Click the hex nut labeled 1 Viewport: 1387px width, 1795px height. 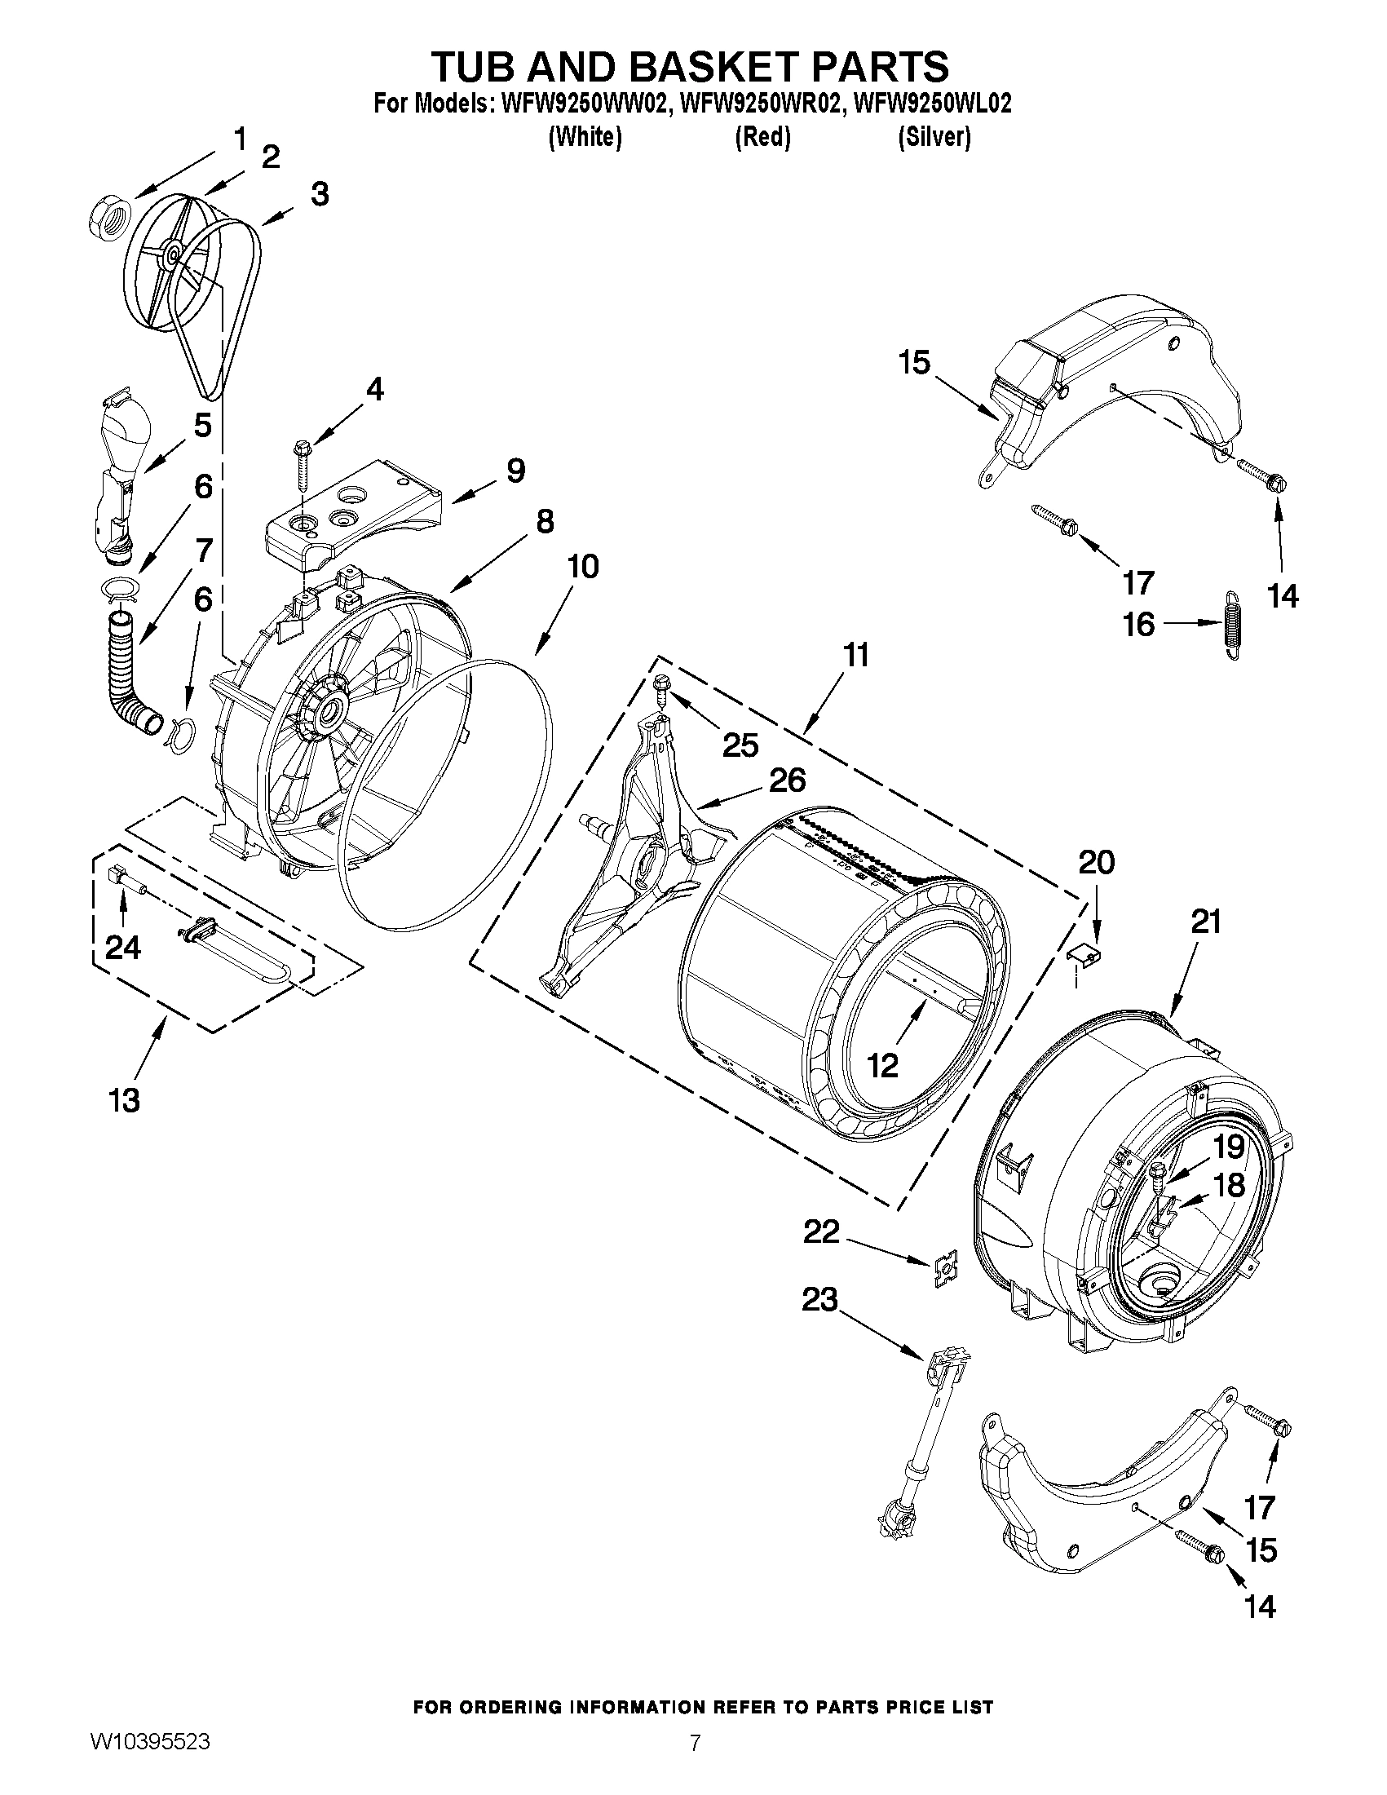pos(105,220)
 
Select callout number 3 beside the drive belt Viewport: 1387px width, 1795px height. pos(319,195)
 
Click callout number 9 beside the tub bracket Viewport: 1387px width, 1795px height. pos(515,471)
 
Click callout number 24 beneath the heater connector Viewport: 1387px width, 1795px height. pos(122,948)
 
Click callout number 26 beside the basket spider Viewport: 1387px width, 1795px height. pos(786,780)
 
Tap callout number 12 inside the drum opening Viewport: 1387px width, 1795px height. pos(882,1065)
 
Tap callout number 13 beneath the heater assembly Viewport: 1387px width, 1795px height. pos(125,1100)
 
